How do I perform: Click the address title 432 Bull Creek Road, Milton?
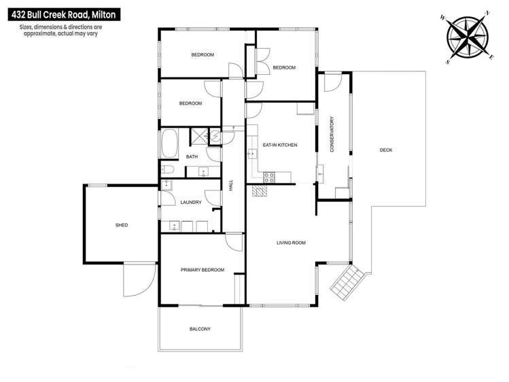pyautogui.click(x=60, y=12)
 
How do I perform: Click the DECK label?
pyautogui.click(x=386, y=150)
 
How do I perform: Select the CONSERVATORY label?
pyautogui.click(x=332, y=134)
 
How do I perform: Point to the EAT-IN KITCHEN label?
pyautogui.click(x=279, y=145)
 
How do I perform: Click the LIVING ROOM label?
pyautogui.click(x=291, y=243)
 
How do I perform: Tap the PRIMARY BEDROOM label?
pyautogui.click(x=202, y=270)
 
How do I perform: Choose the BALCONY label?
pyautogui.click(x=200, y=329)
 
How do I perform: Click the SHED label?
pyautogui.click(x=122, y=225)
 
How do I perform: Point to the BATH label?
pyautogui.click(x=192, y=157)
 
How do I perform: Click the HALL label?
pyautogui.click(x=231, y=185)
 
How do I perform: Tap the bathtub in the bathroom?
pyautogui.click(x=168, y=144)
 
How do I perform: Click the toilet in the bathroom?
pyautogui.click(x=167, y=169)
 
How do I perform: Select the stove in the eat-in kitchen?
pyautogui.click(x=268, y=178)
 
